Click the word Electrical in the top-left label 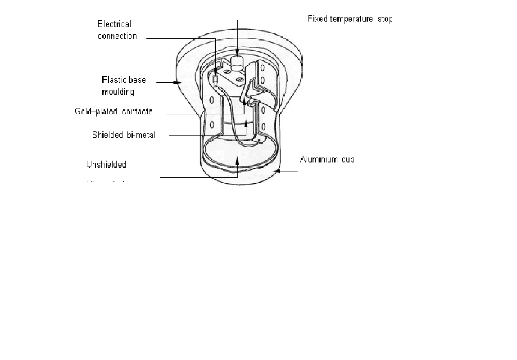pos(114,24)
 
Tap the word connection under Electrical pos(118,36)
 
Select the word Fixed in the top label pos(317,19)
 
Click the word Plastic pos(117,80)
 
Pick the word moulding pos(118,92)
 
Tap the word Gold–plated pos(96,112)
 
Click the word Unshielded pos(106,165)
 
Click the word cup pos(347,160)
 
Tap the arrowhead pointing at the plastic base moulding pos(178,82)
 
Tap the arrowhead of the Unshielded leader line pos(237,158)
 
